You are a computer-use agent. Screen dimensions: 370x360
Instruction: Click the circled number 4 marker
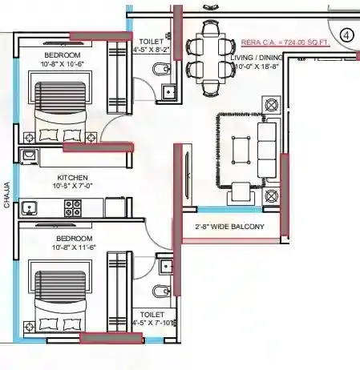click(x=346, y=35)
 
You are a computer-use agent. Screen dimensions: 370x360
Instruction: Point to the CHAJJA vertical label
click(x=6, y=196)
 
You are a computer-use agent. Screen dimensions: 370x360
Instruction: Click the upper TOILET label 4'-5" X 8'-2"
click(x=151, y=45)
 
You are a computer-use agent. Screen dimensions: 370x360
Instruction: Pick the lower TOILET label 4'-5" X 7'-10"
click(x=152, y=320)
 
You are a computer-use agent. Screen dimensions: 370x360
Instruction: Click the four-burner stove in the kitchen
click(x=74, y=207)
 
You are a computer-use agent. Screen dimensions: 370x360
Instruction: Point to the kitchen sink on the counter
click(x=29, y=209)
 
